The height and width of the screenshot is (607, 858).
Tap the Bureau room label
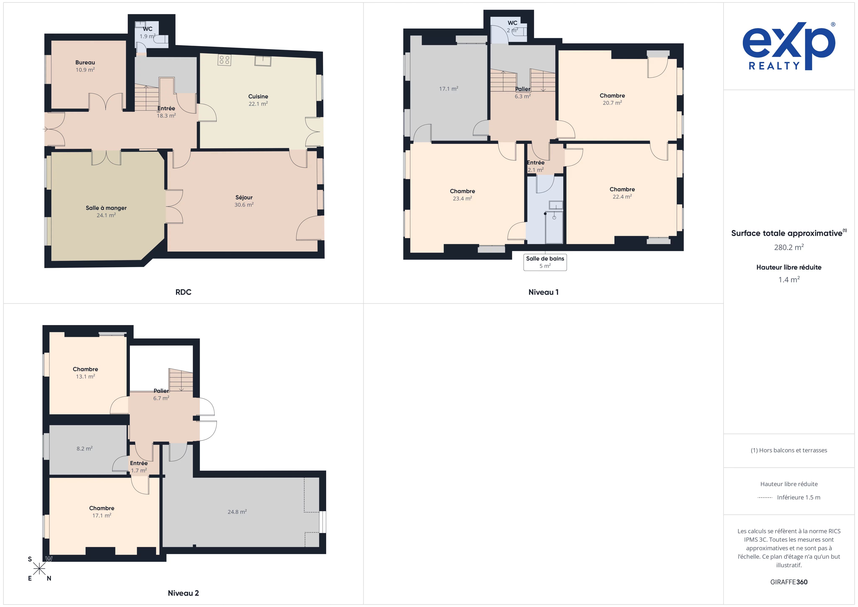pos(85,62)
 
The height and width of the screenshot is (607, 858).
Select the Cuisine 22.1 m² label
pos(258,100)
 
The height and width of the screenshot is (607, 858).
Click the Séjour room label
pos(244,197)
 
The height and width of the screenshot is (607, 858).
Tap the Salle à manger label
pos(106,208)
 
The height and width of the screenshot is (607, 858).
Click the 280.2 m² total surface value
pos(789,247)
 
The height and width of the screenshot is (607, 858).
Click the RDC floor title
pos(183,292)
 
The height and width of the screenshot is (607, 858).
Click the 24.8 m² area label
pos(237,512)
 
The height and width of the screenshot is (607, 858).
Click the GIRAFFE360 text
pos(789,582)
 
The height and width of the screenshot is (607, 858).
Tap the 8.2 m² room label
pos(84,448)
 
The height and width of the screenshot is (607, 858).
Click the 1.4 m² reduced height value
pos(789,279)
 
